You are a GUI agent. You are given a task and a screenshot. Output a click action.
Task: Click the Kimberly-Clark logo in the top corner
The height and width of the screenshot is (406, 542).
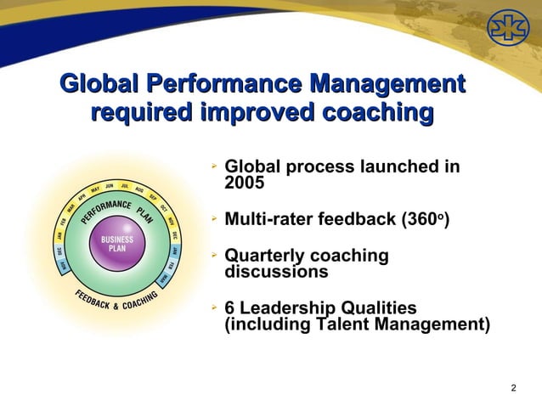pyautogui.click(x=506, y=31)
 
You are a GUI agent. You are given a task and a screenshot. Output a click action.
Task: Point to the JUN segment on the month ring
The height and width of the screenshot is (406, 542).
pyautogui.click(x=110, y=186)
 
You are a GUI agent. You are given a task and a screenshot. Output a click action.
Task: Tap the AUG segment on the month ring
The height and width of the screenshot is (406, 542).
pyautogui.click(x=139, y=191)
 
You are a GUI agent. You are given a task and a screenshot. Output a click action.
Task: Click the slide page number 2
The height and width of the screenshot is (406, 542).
pyautogui.click(x=513, y=388)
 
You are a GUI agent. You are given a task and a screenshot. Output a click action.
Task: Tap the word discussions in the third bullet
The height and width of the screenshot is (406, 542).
pyautogui.click(x=275, y=273)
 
